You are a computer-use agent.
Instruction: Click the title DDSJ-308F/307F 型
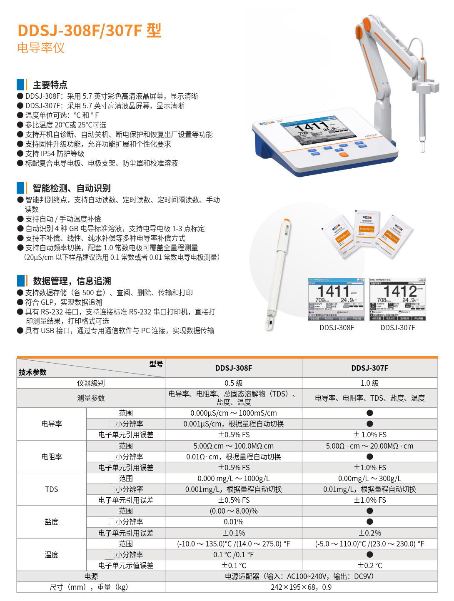tap(89, 30)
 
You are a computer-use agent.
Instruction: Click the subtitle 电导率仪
tap(41, 48)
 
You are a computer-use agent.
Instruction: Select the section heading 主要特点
tap(50, 85)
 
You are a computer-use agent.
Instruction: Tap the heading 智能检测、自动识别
tap(72, 188)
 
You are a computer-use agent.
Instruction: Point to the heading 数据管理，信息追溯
tap(72, 281)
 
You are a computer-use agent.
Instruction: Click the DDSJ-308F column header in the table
tap(233, 368)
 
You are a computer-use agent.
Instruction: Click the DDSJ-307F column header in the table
tap(369, 368)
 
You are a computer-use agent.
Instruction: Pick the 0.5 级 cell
tap(233, 383)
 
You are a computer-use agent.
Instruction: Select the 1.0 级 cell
tap(369, 383)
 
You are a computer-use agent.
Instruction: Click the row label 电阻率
tap(52, 457)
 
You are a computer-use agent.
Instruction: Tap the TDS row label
tap(52, 489)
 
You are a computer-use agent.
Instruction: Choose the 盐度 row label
tap(52, 522)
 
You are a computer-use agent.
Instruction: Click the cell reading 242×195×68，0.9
tap(301, 587)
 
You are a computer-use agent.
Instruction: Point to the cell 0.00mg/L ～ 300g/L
tap(369, 479)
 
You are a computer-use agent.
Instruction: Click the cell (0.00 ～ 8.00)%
tap(233, 511)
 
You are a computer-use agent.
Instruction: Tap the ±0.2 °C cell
tap(369, 566)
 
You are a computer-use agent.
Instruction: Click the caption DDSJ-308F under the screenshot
tap(337, 328)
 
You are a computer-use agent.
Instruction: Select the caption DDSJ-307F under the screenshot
tap(397, 328)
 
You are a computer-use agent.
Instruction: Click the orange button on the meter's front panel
tap(344, 155)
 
